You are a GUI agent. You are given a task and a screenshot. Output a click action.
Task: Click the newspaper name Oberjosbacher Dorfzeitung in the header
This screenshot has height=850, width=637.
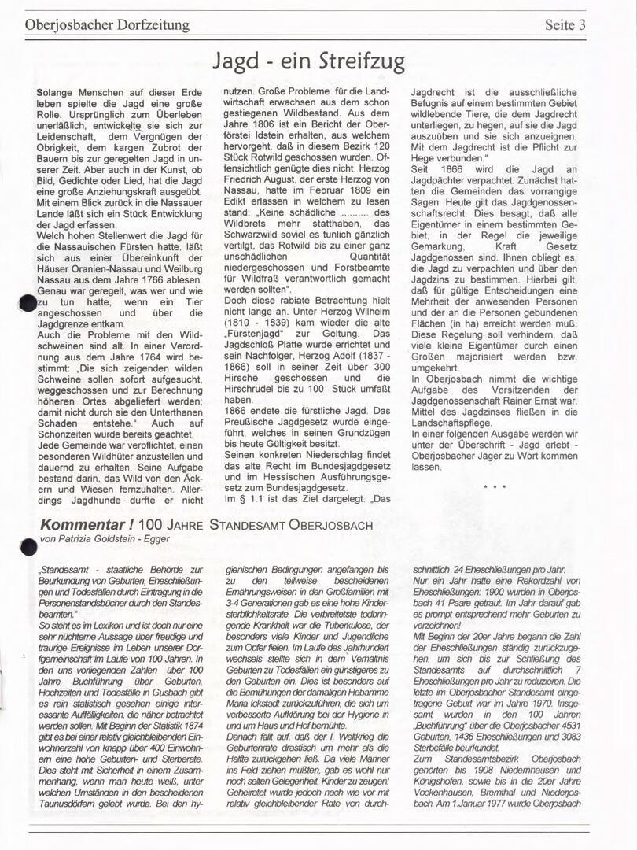107,24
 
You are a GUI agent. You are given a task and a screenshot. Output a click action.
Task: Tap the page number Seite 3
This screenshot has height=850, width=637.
565,24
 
